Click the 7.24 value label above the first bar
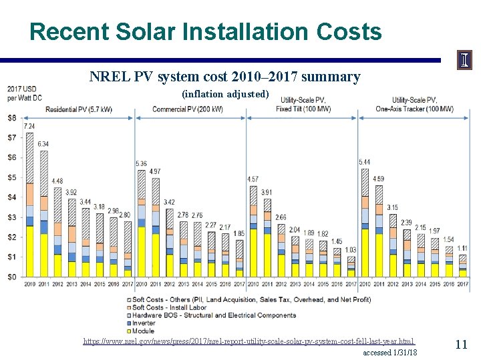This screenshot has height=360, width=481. tap(29, 126)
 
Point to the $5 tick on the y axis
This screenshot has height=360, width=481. tap(12, 177)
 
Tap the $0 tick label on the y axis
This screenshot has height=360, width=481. tap(12, 277)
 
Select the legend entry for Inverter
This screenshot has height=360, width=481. tap(144, 323)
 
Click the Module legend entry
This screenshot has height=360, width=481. tap(142, 331)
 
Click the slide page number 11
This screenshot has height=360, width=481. tap(461, 344)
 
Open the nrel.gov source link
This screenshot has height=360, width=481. tap(249, 341)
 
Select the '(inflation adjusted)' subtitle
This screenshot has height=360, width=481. tap(225, 94)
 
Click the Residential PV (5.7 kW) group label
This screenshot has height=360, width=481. tap(79, 109)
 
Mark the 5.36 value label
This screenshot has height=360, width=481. tap(141, 164)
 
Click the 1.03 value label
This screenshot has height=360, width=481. tap(350, 249)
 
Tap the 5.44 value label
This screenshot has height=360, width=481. tap(365, 162)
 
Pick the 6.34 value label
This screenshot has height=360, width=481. tap(43, 144)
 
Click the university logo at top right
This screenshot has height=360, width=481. tap(464, 60)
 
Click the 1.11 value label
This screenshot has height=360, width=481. tap(462, 248)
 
